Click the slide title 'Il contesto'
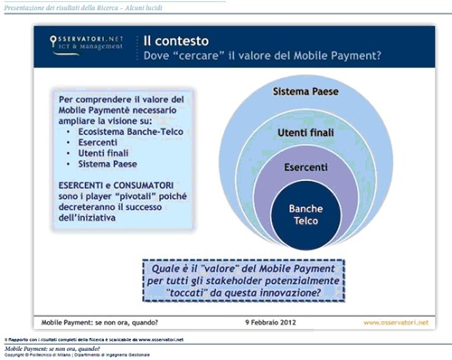pos(180,41)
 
